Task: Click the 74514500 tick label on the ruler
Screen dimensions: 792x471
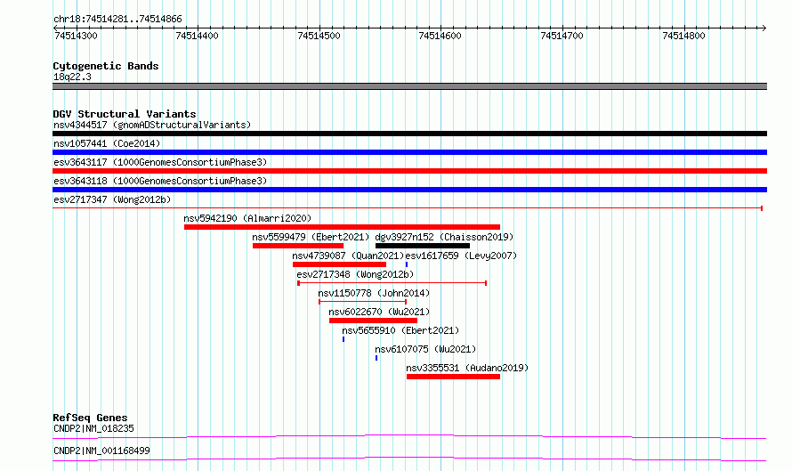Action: coord(319,36)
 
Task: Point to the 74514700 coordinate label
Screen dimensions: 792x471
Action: coord(562,36)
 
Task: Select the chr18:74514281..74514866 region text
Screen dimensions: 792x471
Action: coord(117,20)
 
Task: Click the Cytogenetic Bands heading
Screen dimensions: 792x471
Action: coord(106,66)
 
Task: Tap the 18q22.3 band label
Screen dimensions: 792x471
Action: coord(72,77)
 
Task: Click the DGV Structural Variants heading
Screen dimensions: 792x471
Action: coord(125,114)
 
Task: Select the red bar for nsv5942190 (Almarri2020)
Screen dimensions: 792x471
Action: coord(342,227)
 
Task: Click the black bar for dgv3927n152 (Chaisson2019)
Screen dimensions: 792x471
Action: coord(423,246)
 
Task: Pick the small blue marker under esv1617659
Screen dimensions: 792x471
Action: coord(407,264)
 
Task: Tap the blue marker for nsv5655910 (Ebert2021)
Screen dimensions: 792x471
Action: coord(343,339)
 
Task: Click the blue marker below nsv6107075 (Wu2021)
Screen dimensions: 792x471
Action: coord(376,358)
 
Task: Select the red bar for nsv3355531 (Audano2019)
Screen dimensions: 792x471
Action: coord(453,377)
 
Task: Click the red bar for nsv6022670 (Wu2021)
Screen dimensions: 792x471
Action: coord(373,321)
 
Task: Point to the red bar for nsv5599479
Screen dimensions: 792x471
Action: coord(298,246)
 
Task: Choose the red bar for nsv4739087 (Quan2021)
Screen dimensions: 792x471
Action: coord(339,264)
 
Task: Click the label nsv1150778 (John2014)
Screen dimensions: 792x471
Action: coord(374,293)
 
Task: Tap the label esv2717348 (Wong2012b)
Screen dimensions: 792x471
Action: coord(355,274)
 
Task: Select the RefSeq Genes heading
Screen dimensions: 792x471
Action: coord(91,418)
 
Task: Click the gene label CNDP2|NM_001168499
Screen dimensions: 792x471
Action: coord(101,451)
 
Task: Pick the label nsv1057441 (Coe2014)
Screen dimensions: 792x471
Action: coord(107,143)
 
